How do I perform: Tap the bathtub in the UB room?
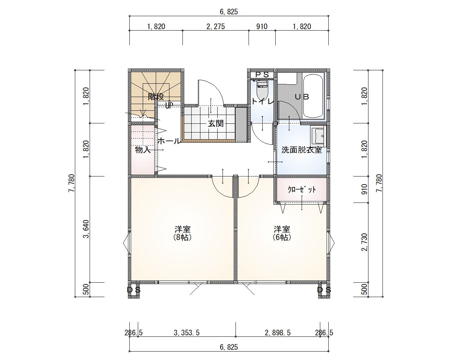point(313,96)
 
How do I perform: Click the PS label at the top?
point(262,75)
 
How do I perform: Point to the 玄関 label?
point(216,123)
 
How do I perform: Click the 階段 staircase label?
point(156,97)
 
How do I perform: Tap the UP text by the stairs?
point(169,105)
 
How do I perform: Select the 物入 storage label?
point(143,150)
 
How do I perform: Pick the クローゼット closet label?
point(302,189)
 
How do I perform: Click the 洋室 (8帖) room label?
point(182,233)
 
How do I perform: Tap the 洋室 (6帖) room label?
point(282,233)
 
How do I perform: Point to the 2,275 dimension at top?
point(216,27)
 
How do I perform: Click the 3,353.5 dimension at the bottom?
point(187,333)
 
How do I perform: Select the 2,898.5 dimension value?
point(277,333)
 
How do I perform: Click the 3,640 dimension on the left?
point(86,229)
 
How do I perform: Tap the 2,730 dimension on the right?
point(364,242)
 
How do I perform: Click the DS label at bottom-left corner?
point(134,290)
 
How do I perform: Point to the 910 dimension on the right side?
point(364,189)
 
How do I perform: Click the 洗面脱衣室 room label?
point(302,150)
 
